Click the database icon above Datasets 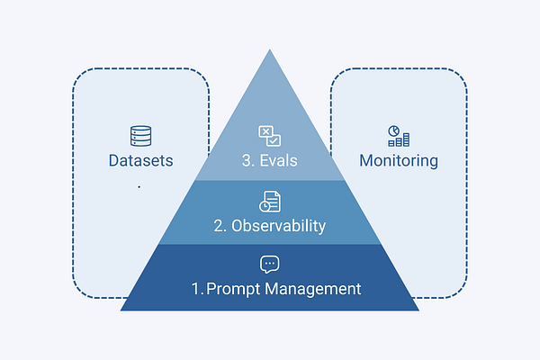coord(140,137)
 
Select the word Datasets coord(140,161)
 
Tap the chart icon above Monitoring coord(399,136)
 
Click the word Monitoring coord(399,161)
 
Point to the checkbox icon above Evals coord(270,137)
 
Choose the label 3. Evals coord(270,161)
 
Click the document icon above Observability coord(270,202)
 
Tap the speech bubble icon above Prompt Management coord(270,265)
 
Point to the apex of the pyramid coord(270,50)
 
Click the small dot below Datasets coord(139,186)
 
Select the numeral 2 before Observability coord(219,226)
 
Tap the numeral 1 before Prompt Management coord(195,289)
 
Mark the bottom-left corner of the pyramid coord(121,310)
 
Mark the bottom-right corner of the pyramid coord(418,310)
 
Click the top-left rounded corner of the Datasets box coord(78,76)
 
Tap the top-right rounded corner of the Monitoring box coord(462,76)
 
